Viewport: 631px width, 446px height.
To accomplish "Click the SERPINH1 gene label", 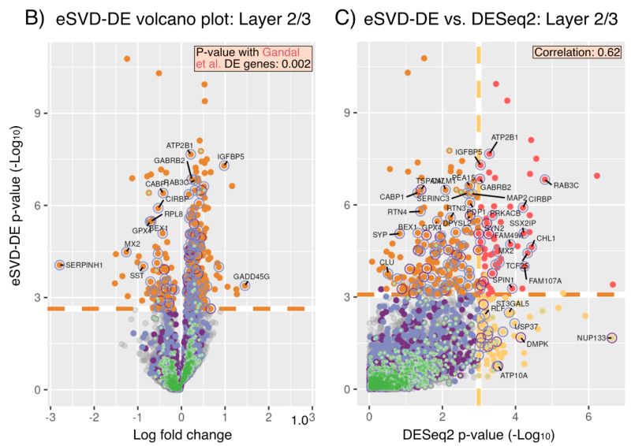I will point(85,265).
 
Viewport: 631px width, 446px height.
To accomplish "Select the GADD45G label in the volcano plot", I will point(252,277).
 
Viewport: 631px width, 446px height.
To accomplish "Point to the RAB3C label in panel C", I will point(566,185).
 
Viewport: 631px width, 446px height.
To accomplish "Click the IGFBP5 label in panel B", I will point(231,156).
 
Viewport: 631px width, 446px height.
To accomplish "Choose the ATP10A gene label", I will point(517,375).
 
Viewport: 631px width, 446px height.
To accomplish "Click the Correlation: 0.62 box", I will point(578,53).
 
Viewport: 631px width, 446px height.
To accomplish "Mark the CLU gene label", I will point(386,262).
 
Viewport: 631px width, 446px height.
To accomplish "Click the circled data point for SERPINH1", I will point(59,265).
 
